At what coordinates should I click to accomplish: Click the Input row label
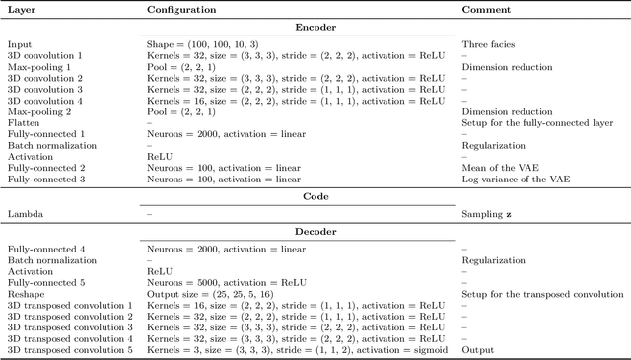[20, 45]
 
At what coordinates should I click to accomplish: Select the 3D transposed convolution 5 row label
[70, 349]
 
